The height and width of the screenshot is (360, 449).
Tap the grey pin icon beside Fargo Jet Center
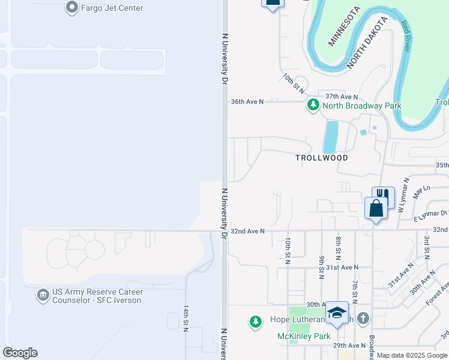[71, 8]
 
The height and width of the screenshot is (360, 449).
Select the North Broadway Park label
[361, 106]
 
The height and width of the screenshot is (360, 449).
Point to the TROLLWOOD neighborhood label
[322, 158]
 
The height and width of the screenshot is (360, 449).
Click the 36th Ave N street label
[247, 102]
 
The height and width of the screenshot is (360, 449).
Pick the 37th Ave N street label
[342, 97]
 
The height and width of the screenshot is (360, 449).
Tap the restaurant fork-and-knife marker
[384, 196]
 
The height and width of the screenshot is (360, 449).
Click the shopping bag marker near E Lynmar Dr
[376, 209]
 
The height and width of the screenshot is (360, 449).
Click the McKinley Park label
[304, 336]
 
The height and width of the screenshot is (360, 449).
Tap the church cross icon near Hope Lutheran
[363, 318]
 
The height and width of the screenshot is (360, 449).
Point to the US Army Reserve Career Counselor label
[97, 296]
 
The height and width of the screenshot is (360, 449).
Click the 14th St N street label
[186, 317]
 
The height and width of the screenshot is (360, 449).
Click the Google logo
[20, 353]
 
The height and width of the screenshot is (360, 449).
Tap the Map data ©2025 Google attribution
[411, 355]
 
